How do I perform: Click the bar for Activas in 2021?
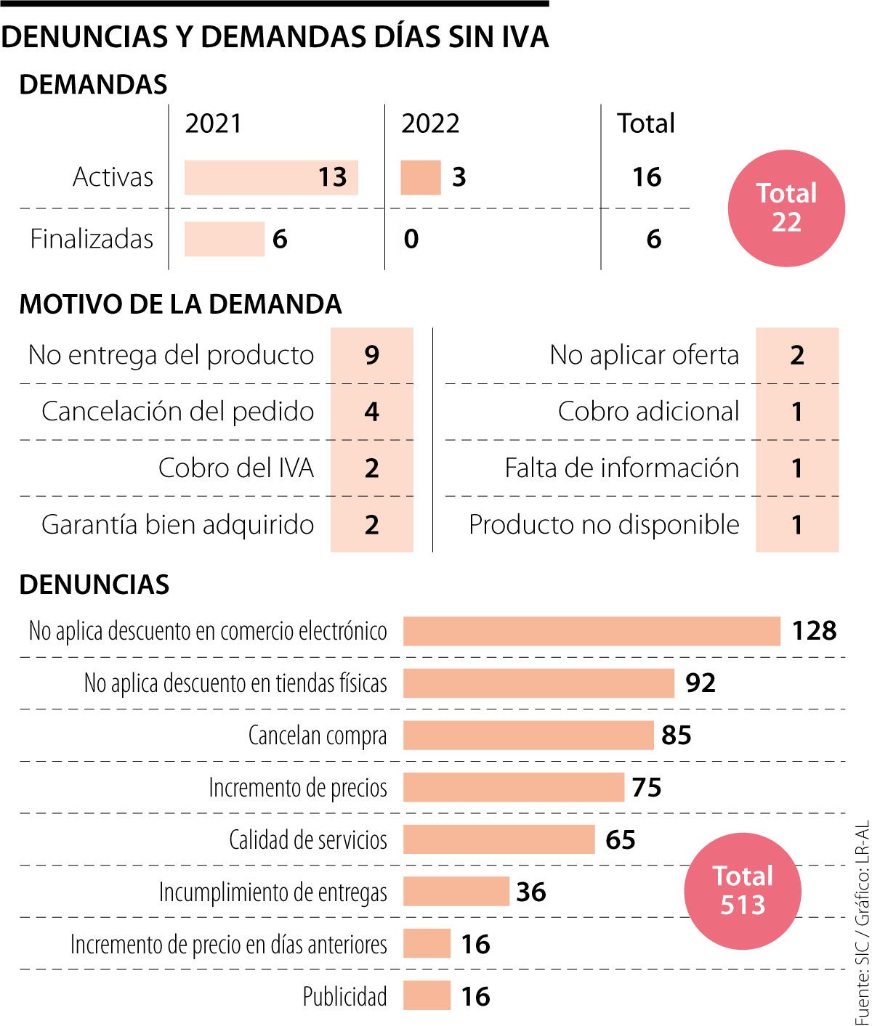(270, 177)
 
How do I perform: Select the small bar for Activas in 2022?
(420, 177)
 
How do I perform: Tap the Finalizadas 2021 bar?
(224, 239)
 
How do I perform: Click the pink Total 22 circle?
(786, 208)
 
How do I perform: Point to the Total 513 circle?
(743, 891)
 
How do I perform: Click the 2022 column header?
(430, 123)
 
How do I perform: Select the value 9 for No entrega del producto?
(371, 355)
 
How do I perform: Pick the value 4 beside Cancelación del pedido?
(371, 412)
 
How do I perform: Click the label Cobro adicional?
(648, 412)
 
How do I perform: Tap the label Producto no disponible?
(604, 524)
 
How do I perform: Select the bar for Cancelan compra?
(528, 735)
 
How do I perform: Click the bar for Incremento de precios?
(513, 787)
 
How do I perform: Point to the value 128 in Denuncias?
(814, 630)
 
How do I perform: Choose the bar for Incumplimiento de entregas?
(456, 892)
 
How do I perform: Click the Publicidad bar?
(427, 996)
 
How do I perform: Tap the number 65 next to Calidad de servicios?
(620, 839)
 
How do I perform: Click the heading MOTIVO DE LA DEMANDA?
(180, 304)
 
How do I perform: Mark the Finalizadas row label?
(92, 239)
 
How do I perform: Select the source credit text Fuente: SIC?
(862, 988)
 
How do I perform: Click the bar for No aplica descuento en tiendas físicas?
(538, 683)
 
